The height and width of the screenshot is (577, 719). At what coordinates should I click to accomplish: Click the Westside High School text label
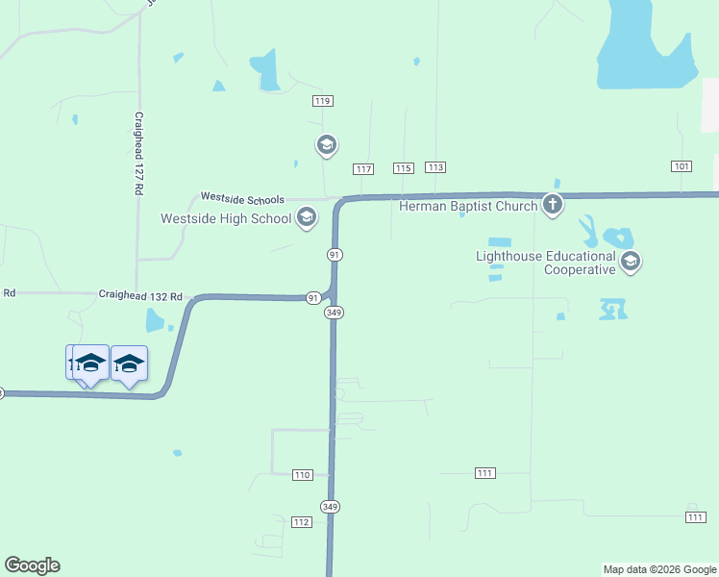[226, 218]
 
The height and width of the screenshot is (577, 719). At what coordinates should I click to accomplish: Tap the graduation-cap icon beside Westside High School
[307, 218]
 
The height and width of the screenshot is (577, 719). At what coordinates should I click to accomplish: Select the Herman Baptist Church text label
[468, 204]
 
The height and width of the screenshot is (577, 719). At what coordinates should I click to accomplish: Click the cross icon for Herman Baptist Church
[552, 204]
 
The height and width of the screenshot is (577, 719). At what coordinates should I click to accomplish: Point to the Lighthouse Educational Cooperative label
[546, 263]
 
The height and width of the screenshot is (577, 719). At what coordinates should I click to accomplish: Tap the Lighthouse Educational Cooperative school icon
[631, 262]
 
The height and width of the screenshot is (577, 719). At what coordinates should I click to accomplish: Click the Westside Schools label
[242, 198]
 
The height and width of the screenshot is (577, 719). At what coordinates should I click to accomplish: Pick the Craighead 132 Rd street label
[140, 296]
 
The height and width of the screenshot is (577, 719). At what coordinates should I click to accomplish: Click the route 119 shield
[322, 101]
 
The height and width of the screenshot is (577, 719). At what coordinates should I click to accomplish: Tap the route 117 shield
[362, 169]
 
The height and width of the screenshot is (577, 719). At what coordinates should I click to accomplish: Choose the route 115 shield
[403, 168]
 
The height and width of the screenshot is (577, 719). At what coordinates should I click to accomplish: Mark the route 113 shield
[435, 167]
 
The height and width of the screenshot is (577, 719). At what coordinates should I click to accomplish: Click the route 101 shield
[682, 166]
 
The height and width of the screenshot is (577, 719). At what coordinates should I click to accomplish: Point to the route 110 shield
[303, 475]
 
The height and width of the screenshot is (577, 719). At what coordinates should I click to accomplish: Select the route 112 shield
[301, 521]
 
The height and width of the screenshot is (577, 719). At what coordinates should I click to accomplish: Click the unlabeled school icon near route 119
[326, 145]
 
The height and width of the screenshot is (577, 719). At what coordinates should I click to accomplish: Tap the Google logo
[32, 565]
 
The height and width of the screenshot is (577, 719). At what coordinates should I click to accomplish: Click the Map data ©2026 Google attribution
[659, 569]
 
